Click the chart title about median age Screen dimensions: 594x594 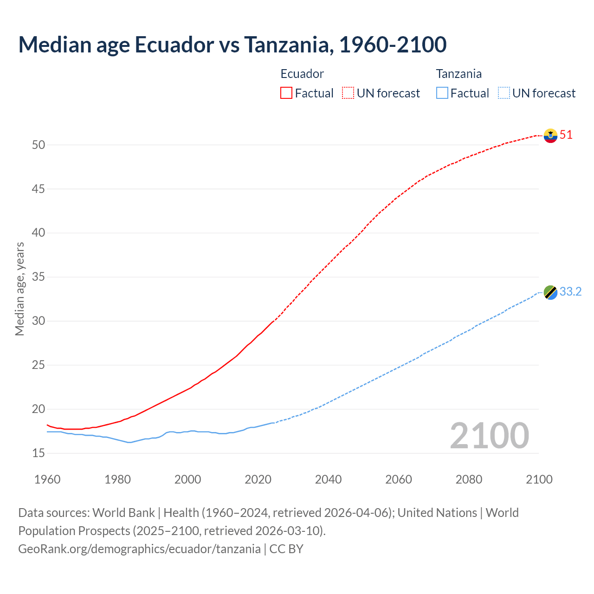coord(232,45)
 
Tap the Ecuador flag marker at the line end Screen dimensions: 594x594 coord(550,136)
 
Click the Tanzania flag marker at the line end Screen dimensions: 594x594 coord(550,292)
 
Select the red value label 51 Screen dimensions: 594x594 coord(566,135)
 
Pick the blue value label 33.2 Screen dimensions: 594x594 coord(570,291)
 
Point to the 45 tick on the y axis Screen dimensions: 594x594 coord(39,189)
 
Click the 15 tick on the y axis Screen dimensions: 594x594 coord(39,453)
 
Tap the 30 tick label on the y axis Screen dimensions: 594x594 coord(39,321)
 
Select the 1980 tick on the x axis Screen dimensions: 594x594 coord(117,479)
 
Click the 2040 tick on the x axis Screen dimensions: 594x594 coord(328,479)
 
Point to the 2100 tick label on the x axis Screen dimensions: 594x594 coord(539,479)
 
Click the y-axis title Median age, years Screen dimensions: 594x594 coord(19,289)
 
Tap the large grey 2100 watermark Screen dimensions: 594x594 coord(489,435)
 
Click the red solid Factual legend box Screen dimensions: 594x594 coord(286,93)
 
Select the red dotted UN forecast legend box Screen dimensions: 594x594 coord(348,93)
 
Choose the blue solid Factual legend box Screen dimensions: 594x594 coord(442,93)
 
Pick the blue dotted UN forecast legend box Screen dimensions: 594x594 coord(504,93)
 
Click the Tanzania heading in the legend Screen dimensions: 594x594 coord(458,74)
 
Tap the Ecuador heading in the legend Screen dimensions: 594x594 coord(302,74)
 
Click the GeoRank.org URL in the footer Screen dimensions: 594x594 coord(139,549)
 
